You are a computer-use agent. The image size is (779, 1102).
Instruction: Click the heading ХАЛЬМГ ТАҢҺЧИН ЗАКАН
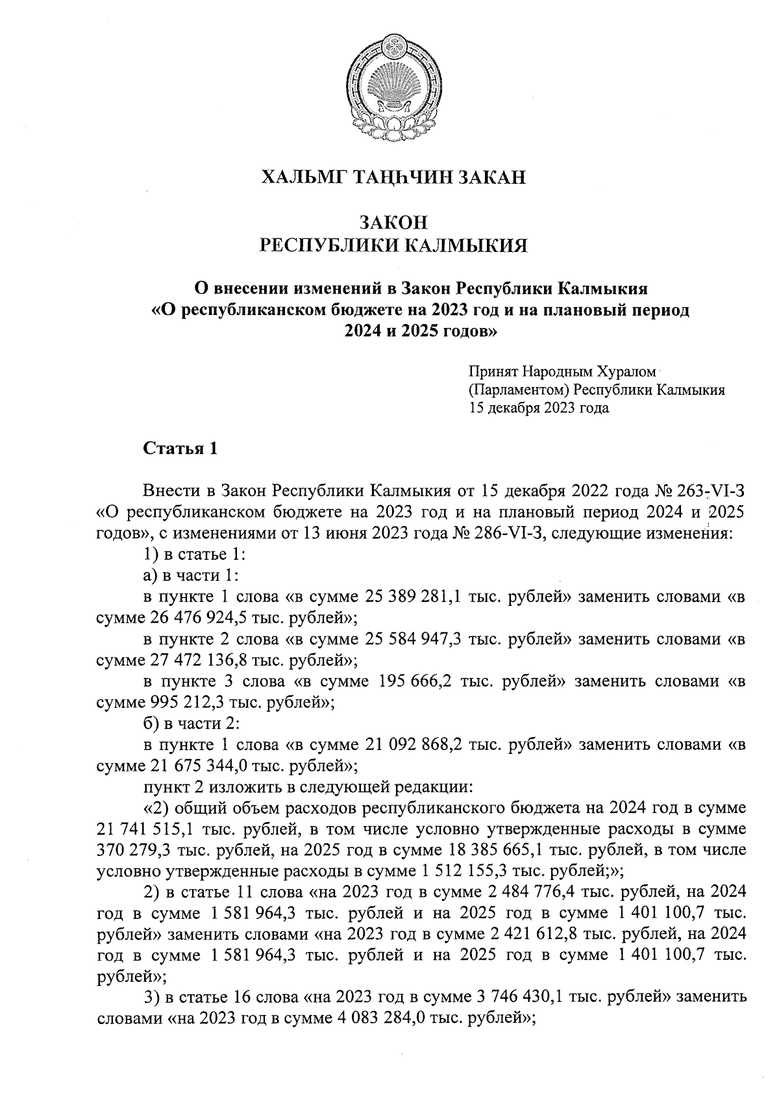(393, 177)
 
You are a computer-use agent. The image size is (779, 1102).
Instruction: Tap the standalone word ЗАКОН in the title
(393, 223)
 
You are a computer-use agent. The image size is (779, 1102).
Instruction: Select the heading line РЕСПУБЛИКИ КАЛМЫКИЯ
(393, 245)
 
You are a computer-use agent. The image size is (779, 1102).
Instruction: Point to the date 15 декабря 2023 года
(539, 408)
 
